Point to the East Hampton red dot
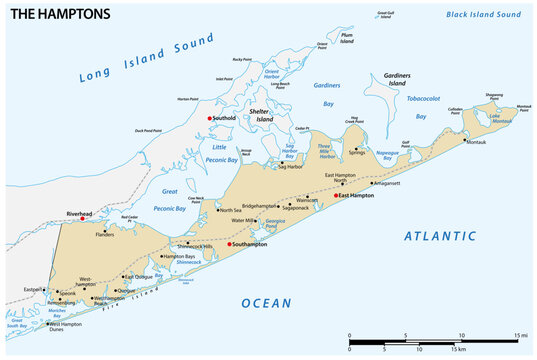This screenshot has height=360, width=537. click(336, 195)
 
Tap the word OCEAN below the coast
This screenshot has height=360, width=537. click(266, 303)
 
